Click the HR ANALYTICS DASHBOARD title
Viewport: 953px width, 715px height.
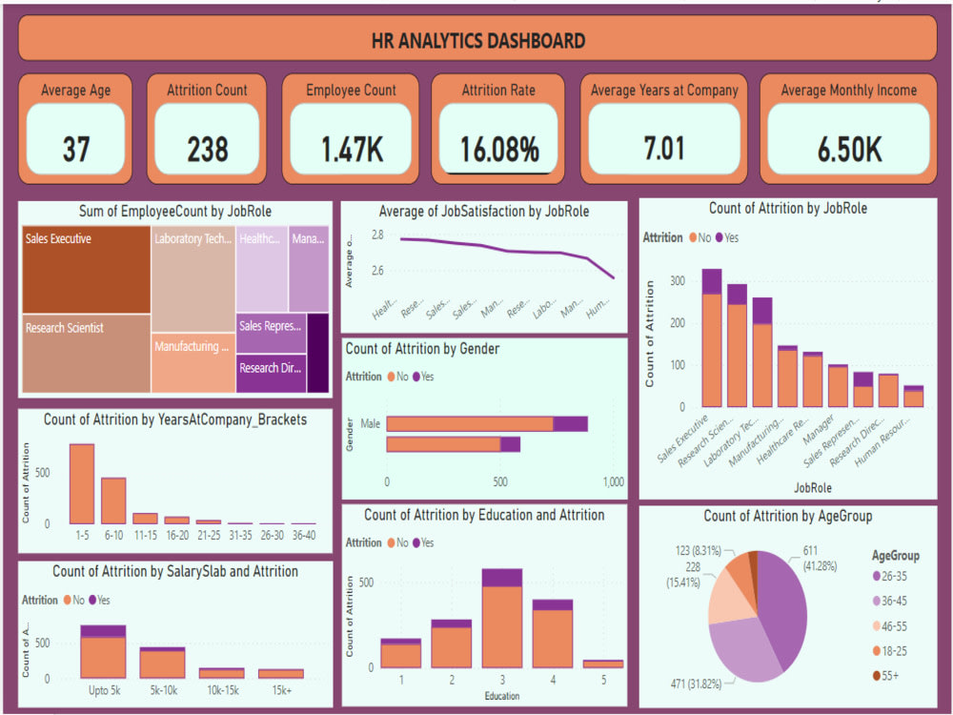point(477,40)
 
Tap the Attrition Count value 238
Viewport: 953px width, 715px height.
point(207,149)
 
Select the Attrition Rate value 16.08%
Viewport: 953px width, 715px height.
point(499,149)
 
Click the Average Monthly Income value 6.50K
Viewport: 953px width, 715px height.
point(850,149)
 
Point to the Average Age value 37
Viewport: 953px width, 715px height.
point(75,149)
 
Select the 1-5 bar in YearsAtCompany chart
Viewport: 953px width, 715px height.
point(82,483)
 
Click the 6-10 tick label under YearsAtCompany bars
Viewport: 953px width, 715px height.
point(113,534)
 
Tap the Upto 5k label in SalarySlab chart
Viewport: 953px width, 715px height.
point(103,687)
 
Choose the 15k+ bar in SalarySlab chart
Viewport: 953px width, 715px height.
point(280,673)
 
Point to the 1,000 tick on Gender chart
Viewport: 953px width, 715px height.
point(612,481)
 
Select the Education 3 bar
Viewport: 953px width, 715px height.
point(502,618)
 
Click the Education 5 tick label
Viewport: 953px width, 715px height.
point(603,681)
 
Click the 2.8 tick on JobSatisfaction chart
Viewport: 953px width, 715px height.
point(377,235)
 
